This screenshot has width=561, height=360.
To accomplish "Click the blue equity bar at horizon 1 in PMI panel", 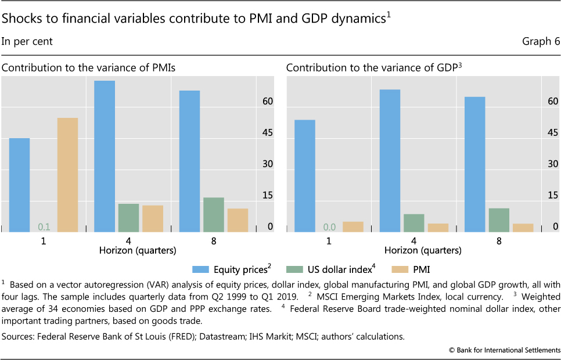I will (x=19, y=185).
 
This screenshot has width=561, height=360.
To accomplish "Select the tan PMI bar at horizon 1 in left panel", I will (x=67, y=175).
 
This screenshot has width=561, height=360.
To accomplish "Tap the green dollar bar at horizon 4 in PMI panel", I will (x=128, y=218).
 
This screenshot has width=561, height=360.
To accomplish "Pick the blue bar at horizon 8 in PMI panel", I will (x=189, y=161).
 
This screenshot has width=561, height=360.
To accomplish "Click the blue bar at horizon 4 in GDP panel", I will (x=390, y=160).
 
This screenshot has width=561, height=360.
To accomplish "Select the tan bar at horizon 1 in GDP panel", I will (x=353, y=226).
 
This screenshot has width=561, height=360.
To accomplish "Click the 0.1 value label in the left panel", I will (x=44, y=226).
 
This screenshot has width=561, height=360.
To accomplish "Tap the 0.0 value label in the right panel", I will (x=329, y=226).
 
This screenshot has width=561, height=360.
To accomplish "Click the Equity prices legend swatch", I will (x=202, y=269).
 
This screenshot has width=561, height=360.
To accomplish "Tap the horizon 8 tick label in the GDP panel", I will (x=498, y=240).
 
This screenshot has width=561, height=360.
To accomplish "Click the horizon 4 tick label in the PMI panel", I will (x=129, y=240).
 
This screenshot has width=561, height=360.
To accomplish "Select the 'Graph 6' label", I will (x=540, y=41).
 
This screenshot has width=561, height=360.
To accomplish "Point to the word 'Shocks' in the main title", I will (x=20, y=19).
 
